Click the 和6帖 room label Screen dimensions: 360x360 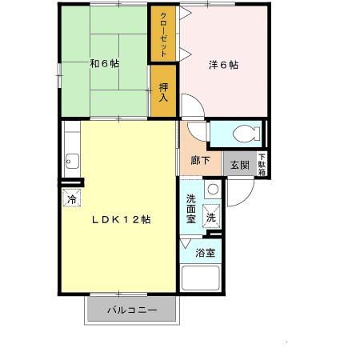[x=104, y=63]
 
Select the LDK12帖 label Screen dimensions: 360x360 [x=120, y=219]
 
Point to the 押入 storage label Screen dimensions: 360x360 [x=164, y=92]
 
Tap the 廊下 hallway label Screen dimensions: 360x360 [x=200, y=160]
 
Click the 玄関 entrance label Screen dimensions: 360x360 [x=239, y=166]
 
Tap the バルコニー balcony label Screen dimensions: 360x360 [x=132, y=310]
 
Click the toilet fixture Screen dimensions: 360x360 [x=241, y=133]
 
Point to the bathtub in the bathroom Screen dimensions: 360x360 [x=201, y=277]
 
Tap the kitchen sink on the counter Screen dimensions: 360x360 [x=70, y=160]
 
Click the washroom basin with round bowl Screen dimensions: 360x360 [x=212, y=190]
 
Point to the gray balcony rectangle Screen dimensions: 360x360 [x=132, y=310]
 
